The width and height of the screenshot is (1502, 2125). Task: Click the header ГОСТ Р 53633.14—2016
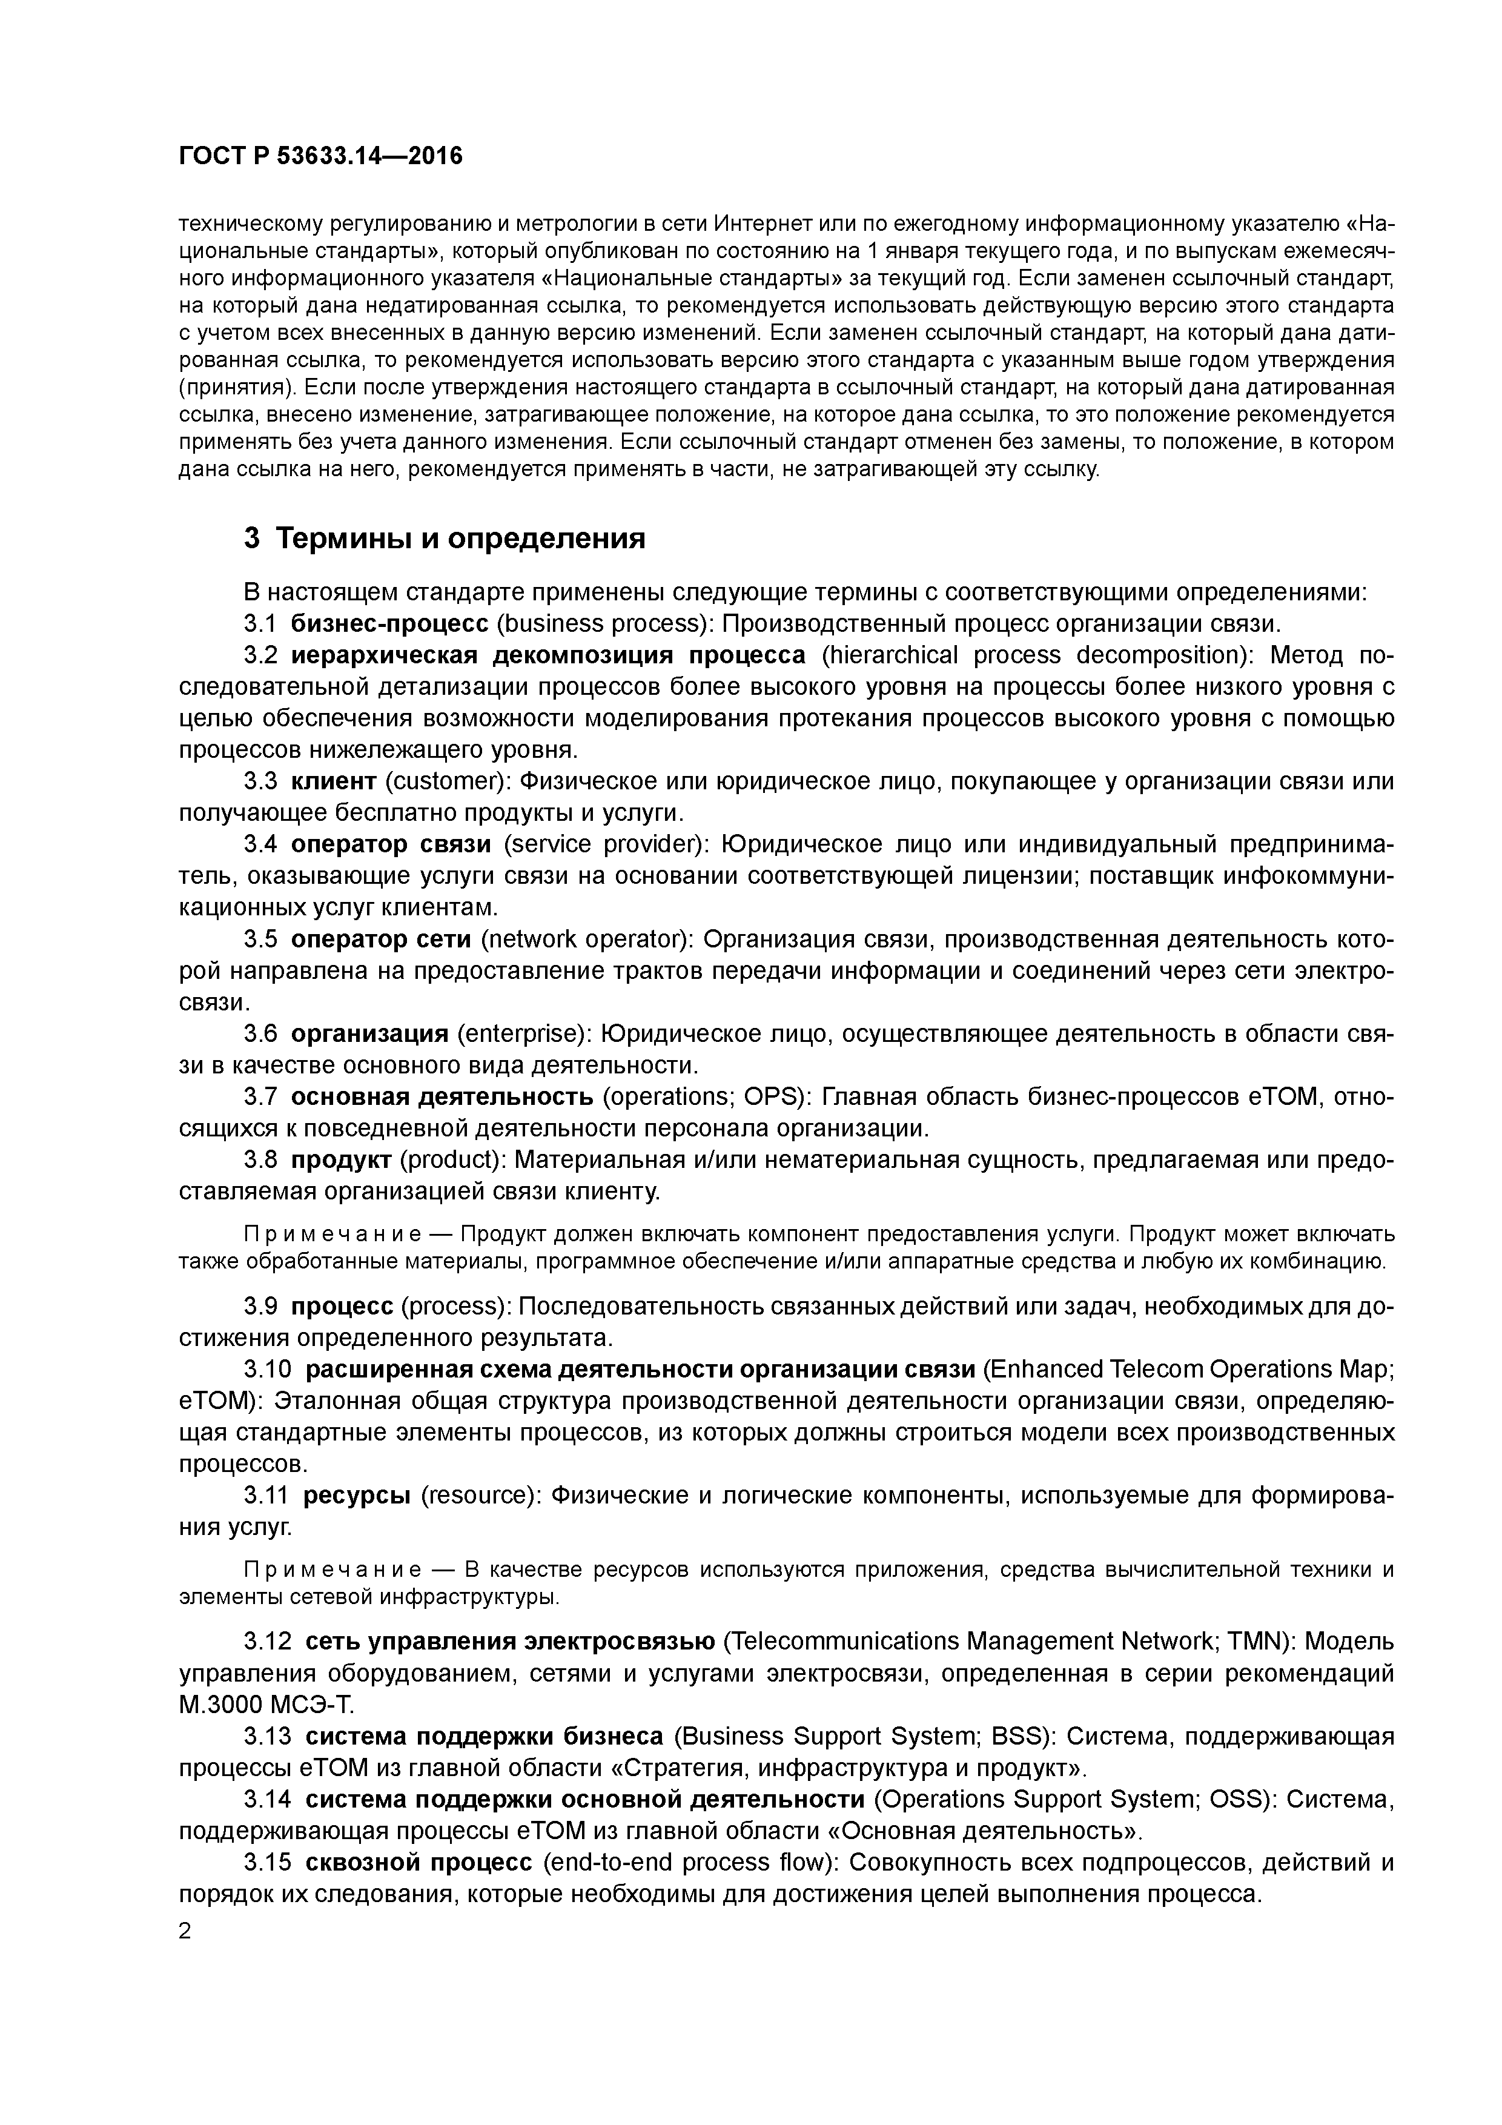pos(320,156)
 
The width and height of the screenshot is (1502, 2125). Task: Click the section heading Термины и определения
pos(461,538)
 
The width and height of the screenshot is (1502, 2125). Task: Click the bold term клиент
pos(333,781)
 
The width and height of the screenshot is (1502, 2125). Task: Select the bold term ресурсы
pos(357,1495)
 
